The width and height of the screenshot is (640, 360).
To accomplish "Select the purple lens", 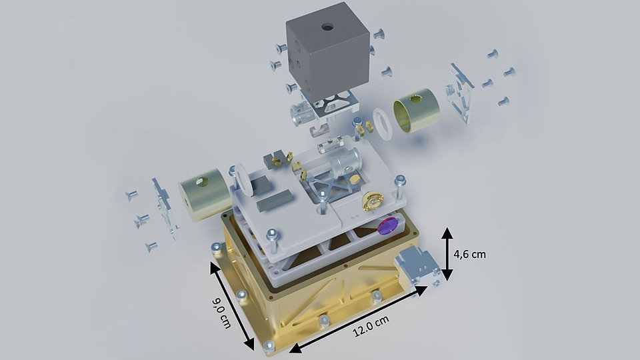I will [386, 227].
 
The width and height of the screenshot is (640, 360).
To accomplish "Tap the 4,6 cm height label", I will [470, 254].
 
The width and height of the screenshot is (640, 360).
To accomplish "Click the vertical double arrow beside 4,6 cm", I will [446, 254].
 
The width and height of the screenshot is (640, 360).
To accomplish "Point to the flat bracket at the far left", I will [164, 207].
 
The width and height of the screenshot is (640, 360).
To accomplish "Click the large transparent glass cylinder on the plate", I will [347, 161].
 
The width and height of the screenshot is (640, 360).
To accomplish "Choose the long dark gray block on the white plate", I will [273, 198].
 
